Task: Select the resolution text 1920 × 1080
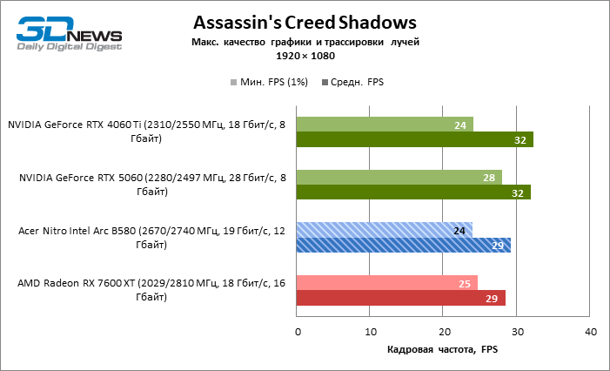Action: tap(305, 56)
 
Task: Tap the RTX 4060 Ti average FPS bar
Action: tap(414, 139)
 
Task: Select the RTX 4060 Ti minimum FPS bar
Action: tap(385, 124)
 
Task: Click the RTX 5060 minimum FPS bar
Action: tap(399, 177)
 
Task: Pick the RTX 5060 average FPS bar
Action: tap(413, 192)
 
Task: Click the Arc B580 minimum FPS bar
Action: tap(384, 230)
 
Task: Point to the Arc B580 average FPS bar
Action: tap(404, 246)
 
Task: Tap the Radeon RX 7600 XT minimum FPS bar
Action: tap(387, 283)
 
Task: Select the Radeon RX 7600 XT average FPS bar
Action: tap(401, 299)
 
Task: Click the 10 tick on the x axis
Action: tap(371, 331)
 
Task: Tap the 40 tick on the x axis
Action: tap(591, 331)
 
